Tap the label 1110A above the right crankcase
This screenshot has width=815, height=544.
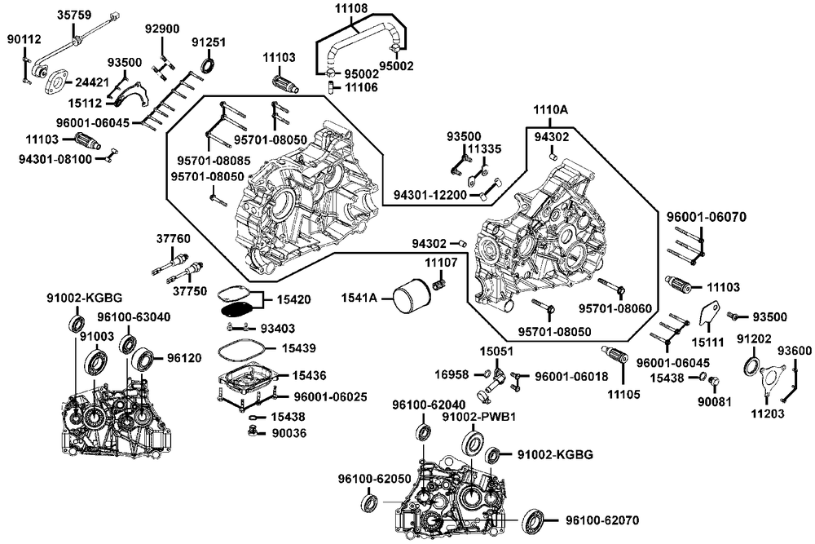coord(550,110)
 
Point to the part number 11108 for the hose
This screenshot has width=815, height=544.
coord(350,8)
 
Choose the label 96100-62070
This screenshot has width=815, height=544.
coord(602,520)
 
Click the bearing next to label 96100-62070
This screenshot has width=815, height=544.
coord(534,520)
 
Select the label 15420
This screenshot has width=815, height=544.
coord(293,299)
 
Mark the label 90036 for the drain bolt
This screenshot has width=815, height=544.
coord(289,433)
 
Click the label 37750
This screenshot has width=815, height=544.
coord(190,290)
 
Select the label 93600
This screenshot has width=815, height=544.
coord(794,351)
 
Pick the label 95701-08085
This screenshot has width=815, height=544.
coord(214,160)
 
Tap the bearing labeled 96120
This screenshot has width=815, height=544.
coord(143,360)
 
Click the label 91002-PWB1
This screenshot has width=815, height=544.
coord(478,417)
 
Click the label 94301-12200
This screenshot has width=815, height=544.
coord(430,194)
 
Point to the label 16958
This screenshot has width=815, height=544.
coord(452,374)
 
